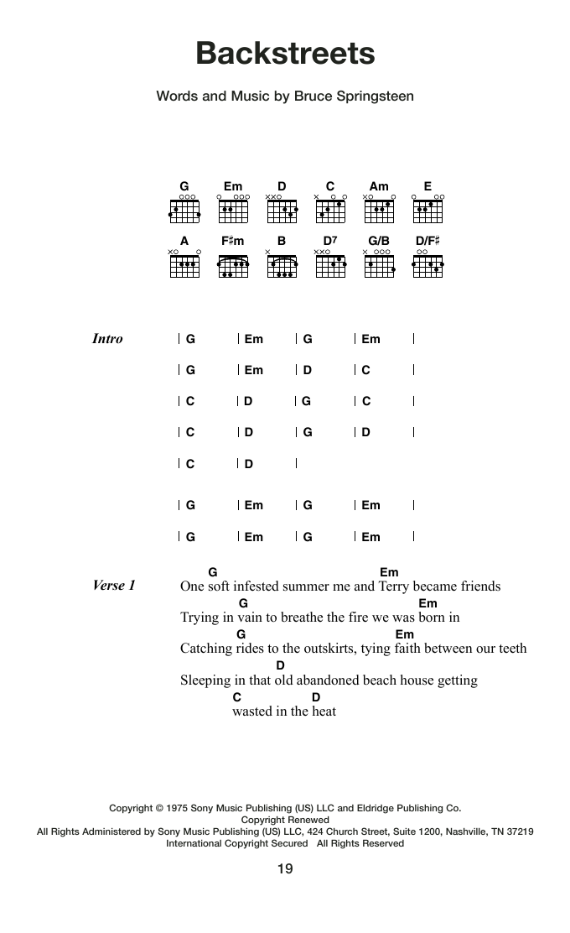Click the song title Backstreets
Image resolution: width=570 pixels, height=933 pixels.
[285, 54]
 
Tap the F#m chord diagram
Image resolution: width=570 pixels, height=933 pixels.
[233, 266]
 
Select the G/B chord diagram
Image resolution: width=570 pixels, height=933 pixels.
[380, 266]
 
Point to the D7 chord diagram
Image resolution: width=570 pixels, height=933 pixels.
[331, 266]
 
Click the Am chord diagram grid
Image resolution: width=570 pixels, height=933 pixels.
[380, 211]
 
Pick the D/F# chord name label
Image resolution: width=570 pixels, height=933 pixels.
[427, 241]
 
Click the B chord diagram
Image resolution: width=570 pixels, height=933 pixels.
[282, 266]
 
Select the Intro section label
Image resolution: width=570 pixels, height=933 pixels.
[107, 339]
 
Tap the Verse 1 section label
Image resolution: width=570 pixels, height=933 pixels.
[114, 586]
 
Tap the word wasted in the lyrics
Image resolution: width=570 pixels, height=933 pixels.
[252, 711]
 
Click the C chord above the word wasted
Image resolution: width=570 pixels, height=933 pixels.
[237, 697]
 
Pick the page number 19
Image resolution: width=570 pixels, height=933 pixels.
[285, 869]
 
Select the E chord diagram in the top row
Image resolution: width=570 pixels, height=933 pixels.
[428, 211]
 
